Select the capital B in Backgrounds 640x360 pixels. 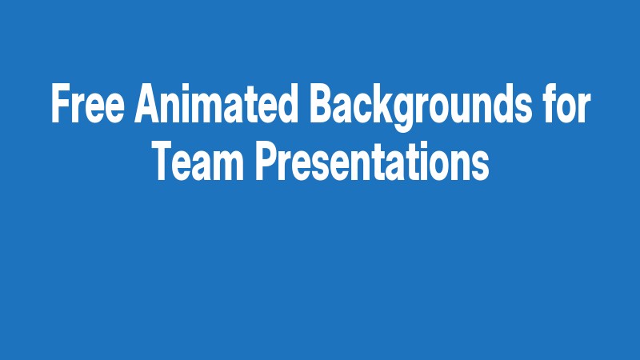click(318, 104)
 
